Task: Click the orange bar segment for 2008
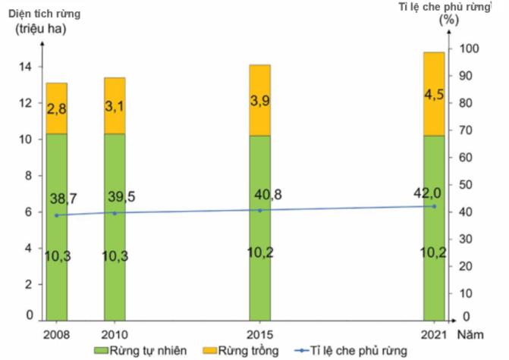tap(56, 108)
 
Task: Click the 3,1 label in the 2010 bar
tap(115, 108)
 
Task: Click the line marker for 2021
tap(434, 206)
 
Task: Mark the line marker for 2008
tap(56, 215)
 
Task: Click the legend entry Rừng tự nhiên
tap(141, 351)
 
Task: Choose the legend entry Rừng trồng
tap(242, 351)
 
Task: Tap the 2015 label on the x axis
tap(259, 333)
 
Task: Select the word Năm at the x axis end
tap(477, 333)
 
